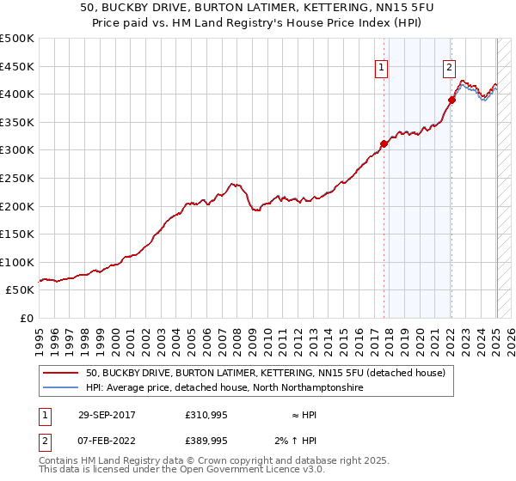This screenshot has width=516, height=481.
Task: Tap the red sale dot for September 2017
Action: (384, 144)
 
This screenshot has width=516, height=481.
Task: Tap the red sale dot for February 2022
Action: (451, 100)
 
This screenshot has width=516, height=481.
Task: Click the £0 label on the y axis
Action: (28, 318)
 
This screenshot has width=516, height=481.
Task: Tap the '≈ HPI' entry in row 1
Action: (303, 415)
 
